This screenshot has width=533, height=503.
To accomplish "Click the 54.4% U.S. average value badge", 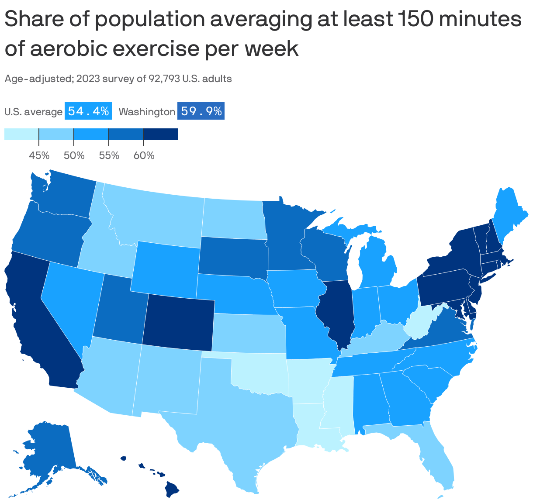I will (88, 111).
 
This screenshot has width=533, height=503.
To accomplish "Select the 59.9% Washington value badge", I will (201, 111).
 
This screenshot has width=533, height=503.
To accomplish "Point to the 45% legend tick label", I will (39, 155).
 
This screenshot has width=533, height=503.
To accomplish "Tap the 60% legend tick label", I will (144, 155).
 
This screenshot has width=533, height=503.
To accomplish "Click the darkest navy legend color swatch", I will (161, 134).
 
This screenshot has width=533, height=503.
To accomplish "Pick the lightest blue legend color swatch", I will (21, 134).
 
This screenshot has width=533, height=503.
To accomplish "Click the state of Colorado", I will (178, 321).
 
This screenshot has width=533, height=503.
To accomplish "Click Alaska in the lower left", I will (48, 450).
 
